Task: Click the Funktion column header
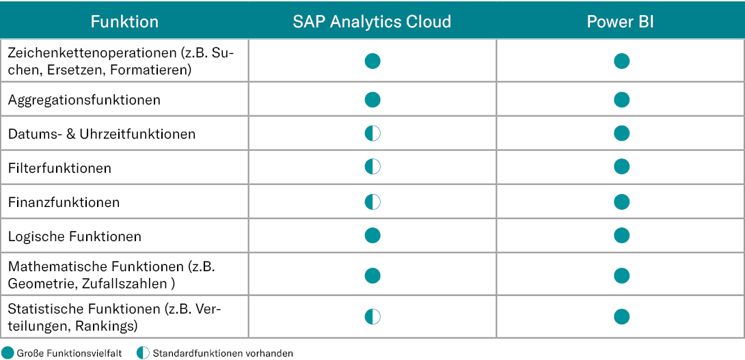[124, 22]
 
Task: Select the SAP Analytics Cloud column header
[372, 22]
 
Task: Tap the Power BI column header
[621, 22]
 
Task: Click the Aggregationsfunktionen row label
[84, 100]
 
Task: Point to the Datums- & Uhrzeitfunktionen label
[102, 134]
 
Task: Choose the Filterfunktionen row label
[60, 168]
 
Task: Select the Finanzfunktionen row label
[64, 202]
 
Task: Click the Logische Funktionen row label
[74, 236]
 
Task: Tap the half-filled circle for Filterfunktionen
[372, 167]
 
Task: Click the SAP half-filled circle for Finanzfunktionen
[372, 202]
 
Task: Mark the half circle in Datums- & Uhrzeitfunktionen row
[372, 133]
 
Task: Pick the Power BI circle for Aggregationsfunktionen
[621, 100]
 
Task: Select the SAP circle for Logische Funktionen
[372, 235]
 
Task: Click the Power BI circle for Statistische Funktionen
[621, 317]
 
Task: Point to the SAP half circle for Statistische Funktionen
[372, 317]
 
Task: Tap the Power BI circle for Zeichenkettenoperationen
[621, 61]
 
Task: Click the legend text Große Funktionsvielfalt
[69, 353]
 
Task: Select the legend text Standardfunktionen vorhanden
[223, 353]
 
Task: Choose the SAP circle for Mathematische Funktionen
[372, 275]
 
